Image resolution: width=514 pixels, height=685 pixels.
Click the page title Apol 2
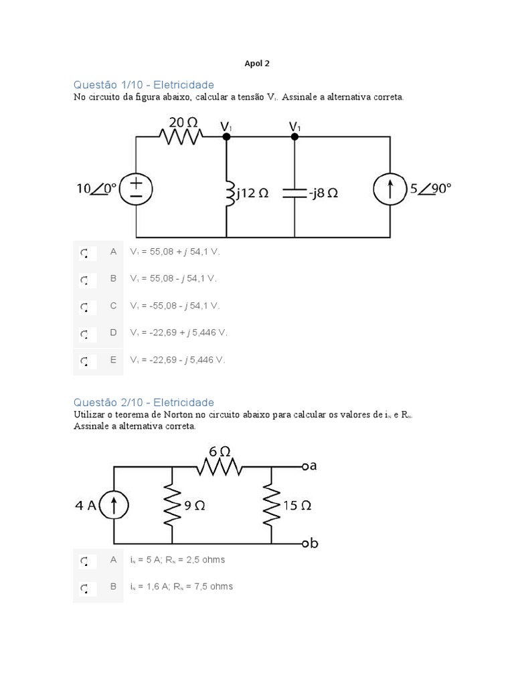pos(257,64)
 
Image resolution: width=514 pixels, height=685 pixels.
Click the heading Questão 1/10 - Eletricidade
pos(143,85)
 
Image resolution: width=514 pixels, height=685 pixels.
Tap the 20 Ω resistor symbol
pos(181,136)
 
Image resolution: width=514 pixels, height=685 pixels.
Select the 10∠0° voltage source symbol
pos(136,190)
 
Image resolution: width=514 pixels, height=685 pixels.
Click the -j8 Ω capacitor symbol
pos(294,193)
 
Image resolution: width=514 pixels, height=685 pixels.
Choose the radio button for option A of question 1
pos(84,253)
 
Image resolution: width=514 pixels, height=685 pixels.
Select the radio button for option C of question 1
pos(84,307)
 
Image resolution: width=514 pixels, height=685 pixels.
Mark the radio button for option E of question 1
pos(84,361)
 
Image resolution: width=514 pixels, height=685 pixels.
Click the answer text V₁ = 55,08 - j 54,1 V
pos(174,278)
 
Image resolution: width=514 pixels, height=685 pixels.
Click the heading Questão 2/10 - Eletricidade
pos(143,402)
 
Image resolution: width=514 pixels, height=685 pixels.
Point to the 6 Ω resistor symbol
pos(218,466)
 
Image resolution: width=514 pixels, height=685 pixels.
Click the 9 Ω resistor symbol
pos(173,506)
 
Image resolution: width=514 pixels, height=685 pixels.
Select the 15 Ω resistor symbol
pos(272,506)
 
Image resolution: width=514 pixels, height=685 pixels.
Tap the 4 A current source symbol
pos(114,506)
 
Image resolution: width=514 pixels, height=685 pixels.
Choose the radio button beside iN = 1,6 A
pos(84,587)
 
